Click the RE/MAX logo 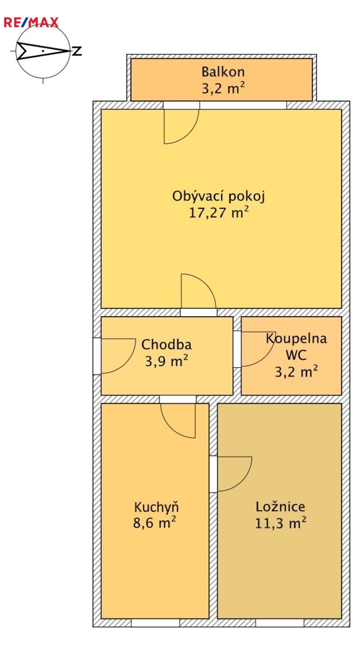(x=31, y=22)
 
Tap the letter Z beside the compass (x=77, y=51)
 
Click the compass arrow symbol (x=43, y=51)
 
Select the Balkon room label (x=223, y=72)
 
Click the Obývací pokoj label (x=218, y=196)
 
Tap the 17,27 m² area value (x=218, y=213)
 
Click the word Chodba (x=166, y=344)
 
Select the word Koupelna (x=296, y=339)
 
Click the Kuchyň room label (x=156, y=507)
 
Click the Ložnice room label (x=280, y=506)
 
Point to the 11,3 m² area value (x=281, y=524)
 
